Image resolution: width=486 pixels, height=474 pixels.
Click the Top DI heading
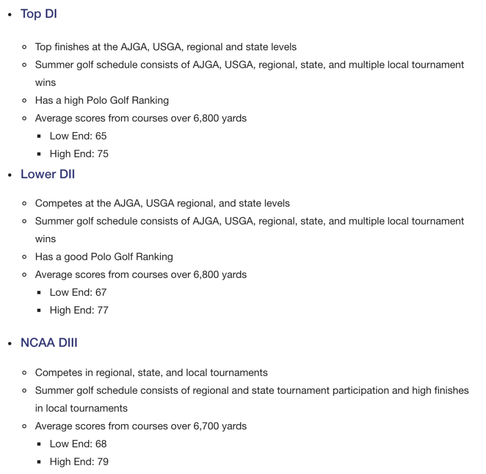click(38, 14)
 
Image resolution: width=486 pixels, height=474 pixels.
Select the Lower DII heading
click(47, 174)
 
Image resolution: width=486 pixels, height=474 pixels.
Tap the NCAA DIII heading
click(49, 342)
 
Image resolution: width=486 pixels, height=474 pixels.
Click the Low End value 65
click(101, 136)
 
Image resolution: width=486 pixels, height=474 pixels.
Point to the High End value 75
click(103, 154)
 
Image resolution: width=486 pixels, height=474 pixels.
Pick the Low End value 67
click(101, 292)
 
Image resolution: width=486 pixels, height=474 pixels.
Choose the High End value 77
click(103, 310)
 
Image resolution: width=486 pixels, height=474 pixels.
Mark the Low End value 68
click(101, 444)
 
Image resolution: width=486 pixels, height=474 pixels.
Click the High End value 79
click(103, 462)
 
